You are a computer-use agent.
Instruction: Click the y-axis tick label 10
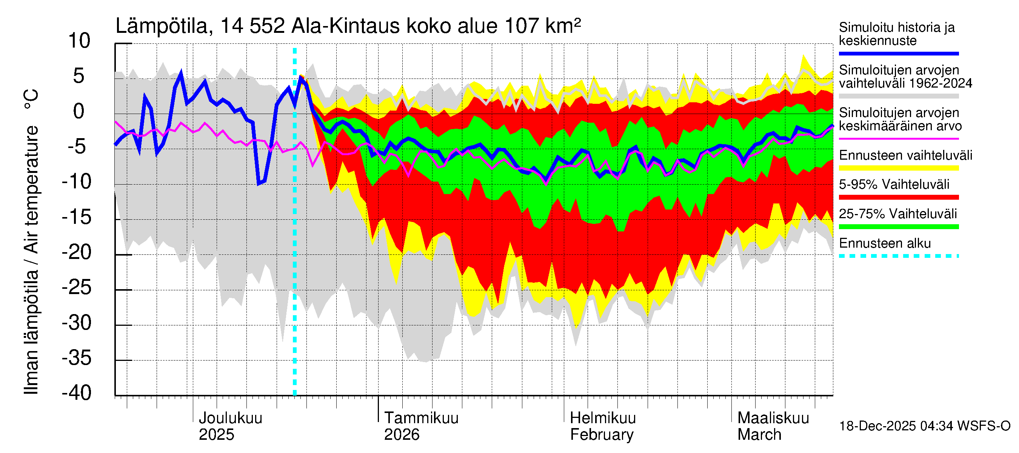click(x=79, y=41)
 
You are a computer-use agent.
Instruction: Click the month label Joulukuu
click(x=230, y=418)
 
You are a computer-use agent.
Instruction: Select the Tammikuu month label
click(x=421, y=418)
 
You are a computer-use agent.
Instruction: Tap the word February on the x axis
click(x=602, y=435)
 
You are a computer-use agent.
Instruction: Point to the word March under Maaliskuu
click(x=759, y=435)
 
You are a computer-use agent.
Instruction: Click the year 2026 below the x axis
click(x=402, y=435)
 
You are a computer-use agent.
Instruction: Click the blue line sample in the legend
click(x=898, y=53)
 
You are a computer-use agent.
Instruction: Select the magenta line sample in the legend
click(x=898, y=139)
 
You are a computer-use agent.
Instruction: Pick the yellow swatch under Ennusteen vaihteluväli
click(x=898, y=168)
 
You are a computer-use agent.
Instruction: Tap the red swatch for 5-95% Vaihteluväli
click(x=898, y=197)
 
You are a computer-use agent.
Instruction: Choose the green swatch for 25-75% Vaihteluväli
click(x=898, y=227)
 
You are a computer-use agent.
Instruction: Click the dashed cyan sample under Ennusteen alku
click(x=898, y=256)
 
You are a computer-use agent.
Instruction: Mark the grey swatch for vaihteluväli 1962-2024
click(x=898, y=96)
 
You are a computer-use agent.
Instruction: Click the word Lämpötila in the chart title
click(x=162, y=26)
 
